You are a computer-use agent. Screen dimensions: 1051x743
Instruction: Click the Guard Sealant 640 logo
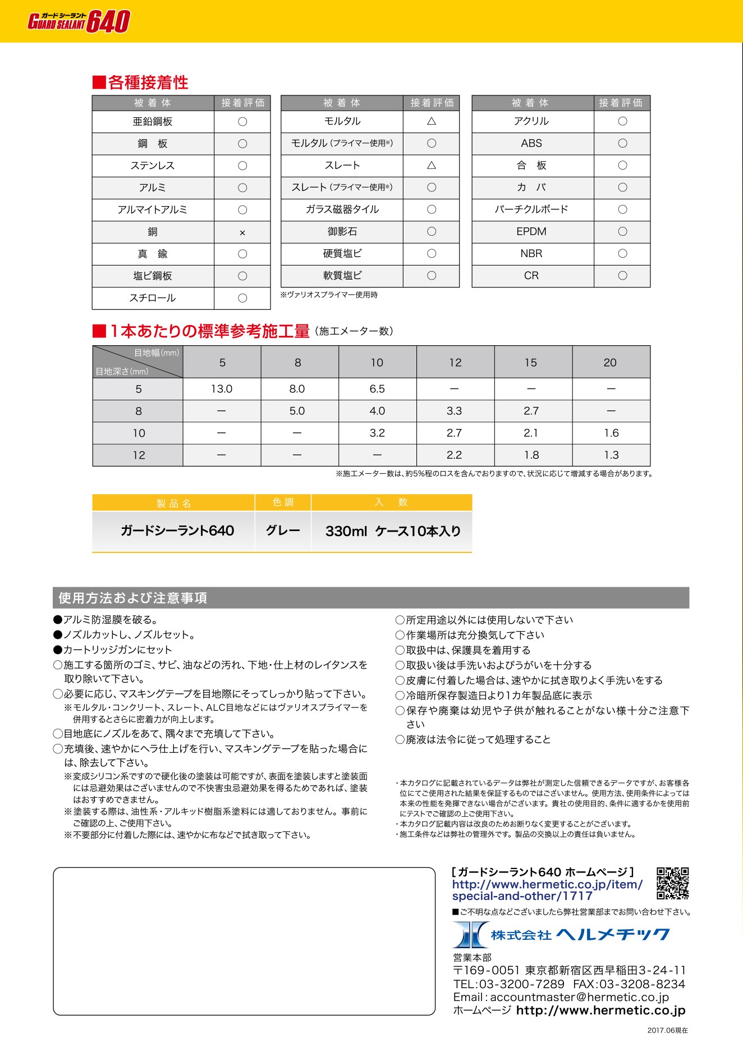pos(79,22)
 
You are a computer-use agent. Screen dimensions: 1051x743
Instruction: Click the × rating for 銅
pos(242,232)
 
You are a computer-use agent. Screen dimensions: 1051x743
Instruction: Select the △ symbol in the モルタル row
pos(431,121)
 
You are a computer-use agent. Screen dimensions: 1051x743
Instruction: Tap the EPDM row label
pos(531,232)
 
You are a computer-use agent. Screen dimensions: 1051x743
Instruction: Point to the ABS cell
pos(531,144)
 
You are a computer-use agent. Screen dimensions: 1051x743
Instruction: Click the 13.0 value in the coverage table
pos(222,389)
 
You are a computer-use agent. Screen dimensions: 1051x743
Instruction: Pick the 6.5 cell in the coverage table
pos(377,389)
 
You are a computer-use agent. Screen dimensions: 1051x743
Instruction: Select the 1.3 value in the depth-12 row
pos(611,455)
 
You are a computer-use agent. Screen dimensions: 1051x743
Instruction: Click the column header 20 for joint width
pos(610,363)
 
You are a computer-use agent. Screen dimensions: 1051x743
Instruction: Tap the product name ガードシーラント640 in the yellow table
pos(177,531)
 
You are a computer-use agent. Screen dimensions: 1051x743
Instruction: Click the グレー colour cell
pos(283,531)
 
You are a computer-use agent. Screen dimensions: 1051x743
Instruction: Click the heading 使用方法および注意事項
pos(133,598)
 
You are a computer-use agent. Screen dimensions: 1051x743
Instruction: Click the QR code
pos(673,884)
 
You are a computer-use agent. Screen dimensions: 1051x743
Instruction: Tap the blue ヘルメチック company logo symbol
pos(470,935)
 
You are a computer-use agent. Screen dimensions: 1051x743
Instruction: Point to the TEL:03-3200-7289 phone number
pos(509,984)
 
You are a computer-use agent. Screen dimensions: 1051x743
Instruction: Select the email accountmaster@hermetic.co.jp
pos(579,997)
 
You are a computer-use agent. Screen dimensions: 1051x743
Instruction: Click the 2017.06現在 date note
pos(667,1030)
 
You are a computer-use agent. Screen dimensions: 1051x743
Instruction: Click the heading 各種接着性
pos(148,83)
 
